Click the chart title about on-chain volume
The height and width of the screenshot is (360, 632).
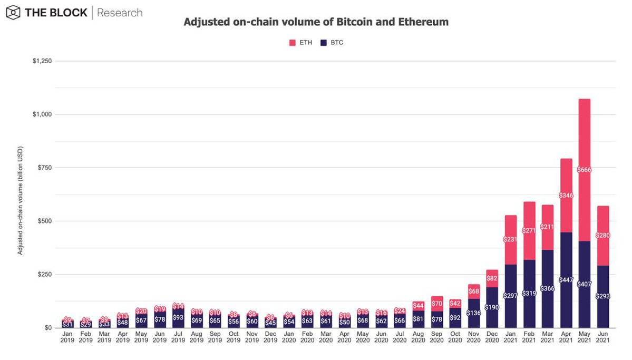click(316, 22)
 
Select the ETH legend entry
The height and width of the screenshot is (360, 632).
click(301, 42)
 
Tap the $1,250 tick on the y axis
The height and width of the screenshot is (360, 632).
click(42, 61)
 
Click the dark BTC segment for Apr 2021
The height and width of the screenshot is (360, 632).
click(566, 280)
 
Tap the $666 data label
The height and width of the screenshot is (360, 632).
click(584, 170)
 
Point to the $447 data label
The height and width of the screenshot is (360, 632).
click(566, 279)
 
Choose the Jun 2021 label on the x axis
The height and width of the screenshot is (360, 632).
click(602, 337)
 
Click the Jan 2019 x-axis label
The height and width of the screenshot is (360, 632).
click(67, 337)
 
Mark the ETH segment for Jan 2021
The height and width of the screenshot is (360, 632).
click(510, 240)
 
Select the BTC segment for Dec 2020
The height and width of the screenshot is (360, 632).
click(492, 307)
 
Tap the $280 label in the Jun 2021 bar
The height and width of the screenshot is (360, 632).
click(602, 236)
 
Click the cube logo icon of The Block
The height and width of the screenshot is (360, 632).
click(13, 13)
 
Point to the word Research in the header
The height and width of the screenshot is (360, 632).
click(120, 13)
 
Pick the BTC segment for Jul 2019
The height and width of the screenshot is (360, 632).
click(178, 318)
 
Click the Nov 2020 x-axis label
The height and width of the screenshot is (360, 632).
click(473, 337)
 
